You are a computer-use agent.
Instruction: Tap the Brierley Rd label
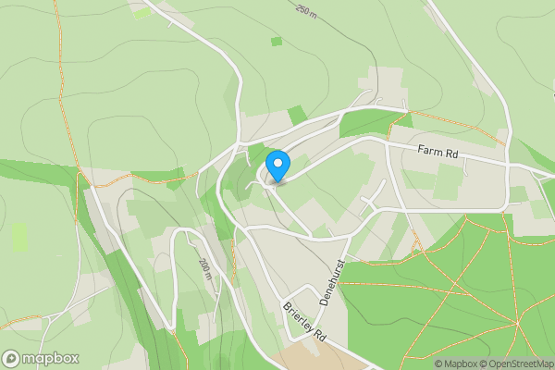(306, 320)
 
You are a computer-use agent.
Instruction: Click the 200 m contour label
(205, 269)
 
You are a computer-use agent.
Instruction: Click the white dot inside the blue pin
(277, 163)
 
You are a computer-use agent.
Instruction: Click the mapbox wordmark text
(51, 358)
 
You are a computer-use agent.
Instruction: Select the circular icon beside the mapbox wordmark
(11, 358)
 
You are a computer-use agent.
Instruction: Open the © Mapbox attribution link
(457, 364)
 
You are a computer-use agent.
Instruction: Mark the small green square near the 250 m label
(277, 42)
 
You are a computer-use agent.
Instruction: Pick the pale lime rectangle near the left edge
(19, 237)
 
